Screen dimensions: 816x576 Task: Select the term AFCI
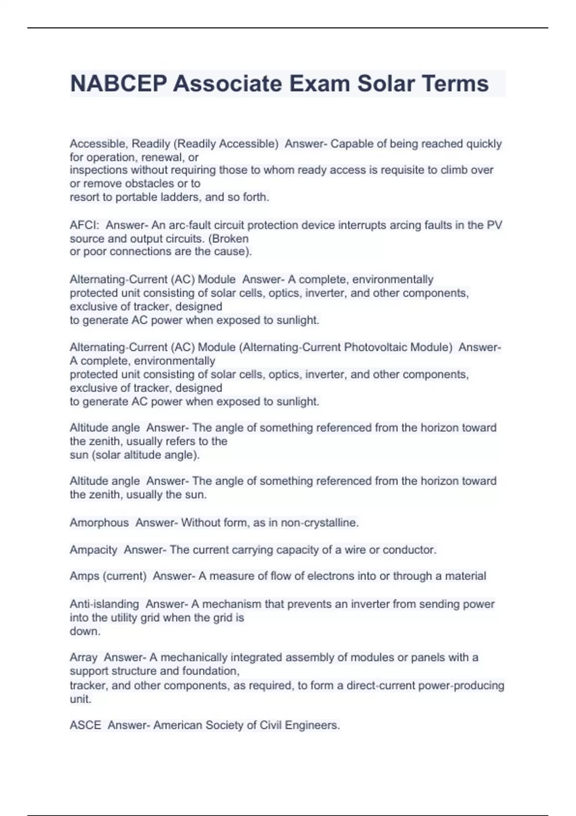(x=84, y=225)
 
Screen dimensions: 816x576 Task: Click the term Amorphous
(x=99, y=523)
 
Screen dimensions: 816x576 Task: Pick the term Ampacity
(x=94, y=550)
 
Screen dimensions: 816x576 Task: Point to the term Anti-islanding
(x=104, y=604)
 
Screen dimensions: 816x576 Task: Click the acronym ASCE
(x=85, y=725)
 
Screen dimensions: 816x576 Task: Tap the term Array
(x=84, y=658)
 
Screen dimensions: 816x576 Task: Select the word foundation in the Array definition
(x=211, y=671)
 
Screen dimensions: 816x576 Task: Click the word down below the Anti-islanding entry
(x=84, y=631)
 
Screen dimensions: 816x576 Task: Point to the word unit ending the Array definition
(x=80, y=699)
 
